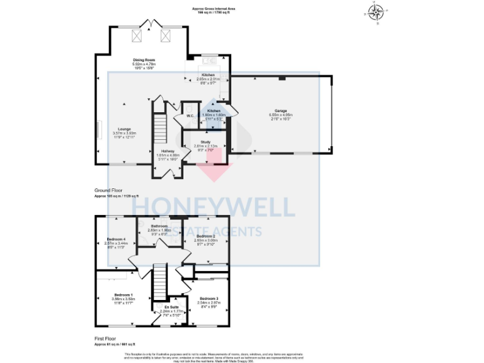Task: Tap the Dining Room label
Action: pos(144,59)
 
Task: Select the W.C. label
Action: pos(189,115)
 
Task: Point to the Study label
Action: pos(205,142)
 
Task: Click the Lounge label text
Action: pos(124,129)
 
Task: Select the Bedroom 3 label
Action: pos(209,298)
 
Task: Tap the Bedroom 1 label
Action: pos(123,295)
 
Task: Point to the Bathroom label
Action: pos(159,226)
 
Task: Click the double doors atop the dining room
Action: pos(151,25)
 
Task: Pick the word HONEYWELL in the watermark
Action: pos(213,208)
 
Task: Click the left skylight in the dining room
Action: pos(135,35)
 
